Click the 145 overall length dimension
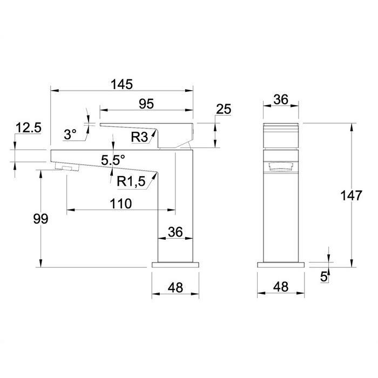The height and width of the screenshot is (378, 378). [122, 84]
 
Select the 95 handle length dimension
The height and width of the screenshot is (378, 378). [146, 104]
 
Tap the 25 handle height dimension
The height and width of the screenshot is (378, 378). [224, 109]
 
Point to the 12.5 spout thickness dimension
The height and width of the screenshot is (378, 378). [29, 128]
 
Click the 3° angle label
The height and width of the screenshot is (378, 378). [70, 134]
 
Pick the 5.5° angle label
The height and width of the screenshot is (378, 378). [113, 160]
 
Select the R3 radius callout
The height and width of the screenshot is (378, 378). [139, 137]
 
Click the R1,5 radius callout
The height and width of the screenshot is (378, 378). [131, 181]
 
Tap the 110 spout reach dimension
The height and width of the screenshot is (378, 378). [121, 204]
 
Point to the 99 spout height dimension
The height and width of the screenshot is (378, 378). [40, 219]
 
